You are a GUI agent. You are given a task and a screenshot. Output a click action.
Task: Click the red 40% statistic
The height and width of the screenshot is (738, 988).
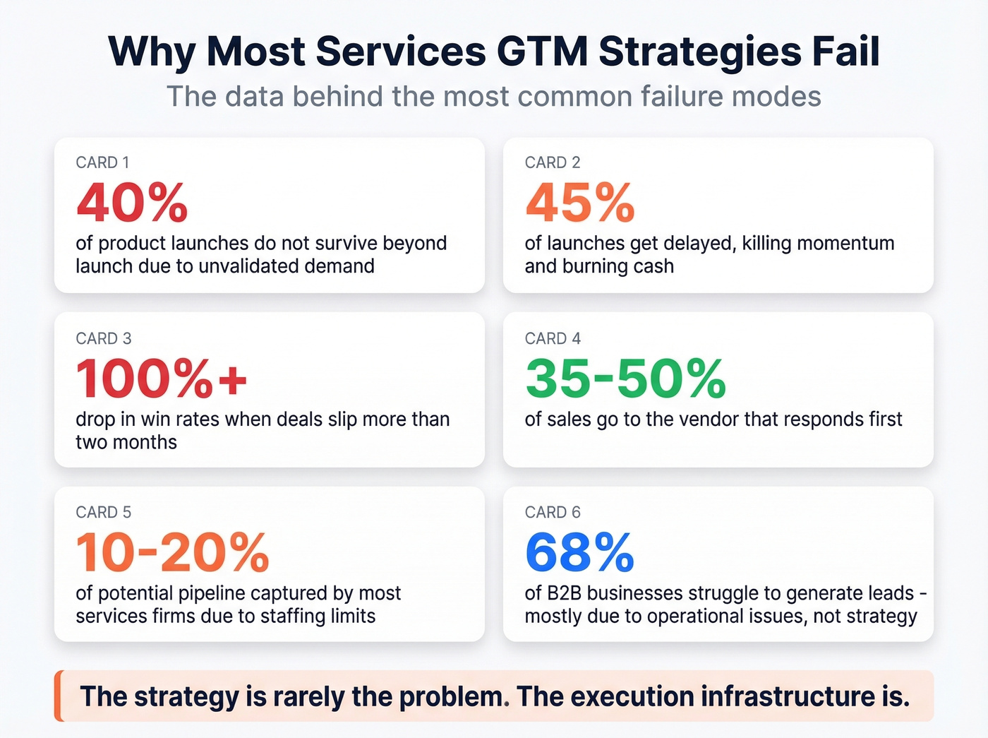click(x=132, y=203)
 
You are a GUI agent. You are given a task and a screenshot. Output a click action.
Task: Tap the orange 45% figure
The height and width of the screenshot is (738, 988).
click(x=580, y=203)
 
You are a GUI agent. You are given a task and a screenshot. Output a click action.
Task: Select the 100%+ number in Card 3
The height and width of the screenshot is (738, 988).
click(x=162, y=379)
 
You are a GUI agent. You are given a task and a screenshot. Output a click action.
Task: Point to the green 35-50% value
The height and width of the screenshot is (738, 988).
click(x=625, y=379)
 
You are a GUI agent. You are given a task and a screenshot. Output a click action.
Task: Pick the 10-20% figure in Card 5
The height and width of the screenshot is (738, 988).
click(x=173, y=552)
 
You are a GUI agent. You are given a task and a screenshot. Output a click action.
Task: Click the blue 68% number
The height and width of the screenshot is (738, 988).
click(x=580, y=552)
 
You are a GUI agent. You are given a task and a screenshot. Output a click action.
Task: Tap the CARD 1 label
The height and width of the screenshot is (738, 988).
click(x=102, y=162)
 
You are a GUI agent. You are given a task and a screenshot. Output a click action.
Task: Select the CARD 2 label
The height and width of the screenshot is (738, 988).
click(x=553, y=162)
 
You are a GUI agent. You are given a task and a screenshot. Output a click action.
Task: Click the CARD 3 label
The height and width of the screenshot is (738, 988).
click(x=104, y=338)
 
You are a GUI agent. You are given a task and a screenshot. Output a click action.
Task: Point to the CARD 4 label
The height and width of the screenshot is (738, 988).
click(x=553, y=338)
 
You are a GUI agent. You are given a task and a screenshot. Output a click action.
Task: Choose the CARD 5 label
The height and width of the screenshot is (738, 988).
click(x=104, y=512)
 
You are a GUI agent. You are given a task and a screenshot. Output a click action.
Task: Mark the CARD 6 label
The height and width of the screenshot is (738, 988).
click(x=553, y=512)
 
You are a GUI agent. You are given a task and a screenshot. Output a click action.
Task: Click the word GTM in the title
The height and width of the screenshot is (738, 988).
click(x=542, y=52)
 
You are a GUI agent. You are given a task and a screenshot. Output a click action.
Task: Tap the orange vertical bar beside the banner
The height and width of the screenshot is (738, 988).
click(x=59, y=696)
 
